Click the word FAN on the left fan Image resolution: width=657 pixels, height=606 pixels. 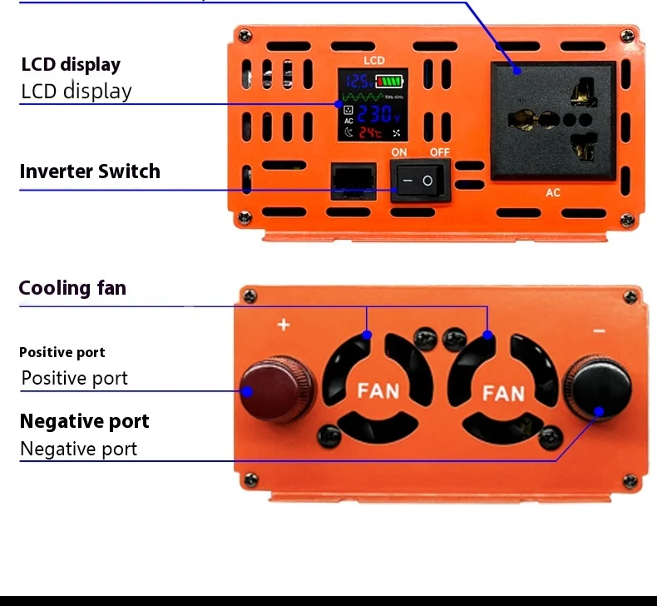(378, 390)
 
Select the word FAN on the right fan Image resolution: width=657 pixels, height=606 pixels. (504, 391)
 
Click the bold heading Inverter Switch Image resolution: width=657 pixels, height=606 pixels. (90, 171)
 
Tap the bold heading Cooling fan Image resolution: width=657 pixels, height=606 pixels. (72, 288)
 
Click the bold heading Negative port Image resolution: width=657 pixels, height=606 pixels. (85, 421)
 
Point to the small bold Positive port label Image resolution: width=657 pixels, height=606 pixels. (62, 352)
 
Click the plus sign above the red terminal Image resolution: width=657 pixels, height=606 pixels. (284, 324)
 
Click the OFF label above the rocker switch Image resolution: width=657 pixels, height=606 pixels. (440, 152)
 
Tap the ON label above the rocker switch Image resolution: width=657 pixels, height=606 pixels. (399, 152)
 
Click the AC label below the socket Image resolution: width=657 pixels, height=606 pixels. (553, 193)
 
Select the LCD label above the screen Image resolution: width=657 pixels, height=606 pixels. (374, 61)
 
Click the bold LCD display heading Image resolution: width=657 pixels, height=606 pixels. (71, 65)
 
